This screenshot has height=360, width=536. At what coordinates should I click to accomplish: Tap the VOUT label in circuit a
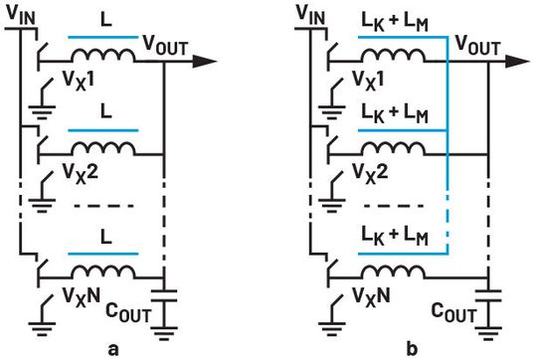[x=163, y=45]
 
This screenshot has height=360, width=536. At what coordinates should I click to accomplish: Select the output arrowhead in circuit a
[x=205, y=62]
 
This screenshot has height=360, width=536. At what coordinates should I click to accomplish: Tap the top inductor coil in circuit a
[x=102, y=58]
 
